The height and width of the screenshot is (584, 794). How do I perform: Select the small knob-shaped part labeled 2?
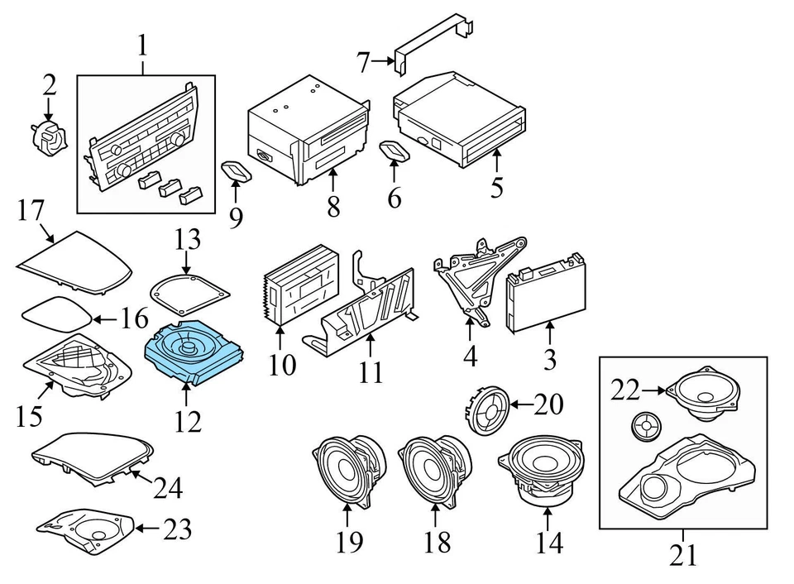pos(50,136)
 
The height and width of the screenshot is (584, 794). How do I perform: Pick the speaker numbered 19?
pos(348,471)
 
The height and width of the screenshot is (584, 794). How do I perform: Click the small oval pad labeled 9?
pos(237,171)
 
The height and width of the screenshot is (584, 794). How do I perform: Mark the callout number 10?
pos(281,363)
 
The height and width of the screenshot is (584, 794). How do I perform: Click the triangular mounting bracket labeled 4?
pos(472,278)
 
